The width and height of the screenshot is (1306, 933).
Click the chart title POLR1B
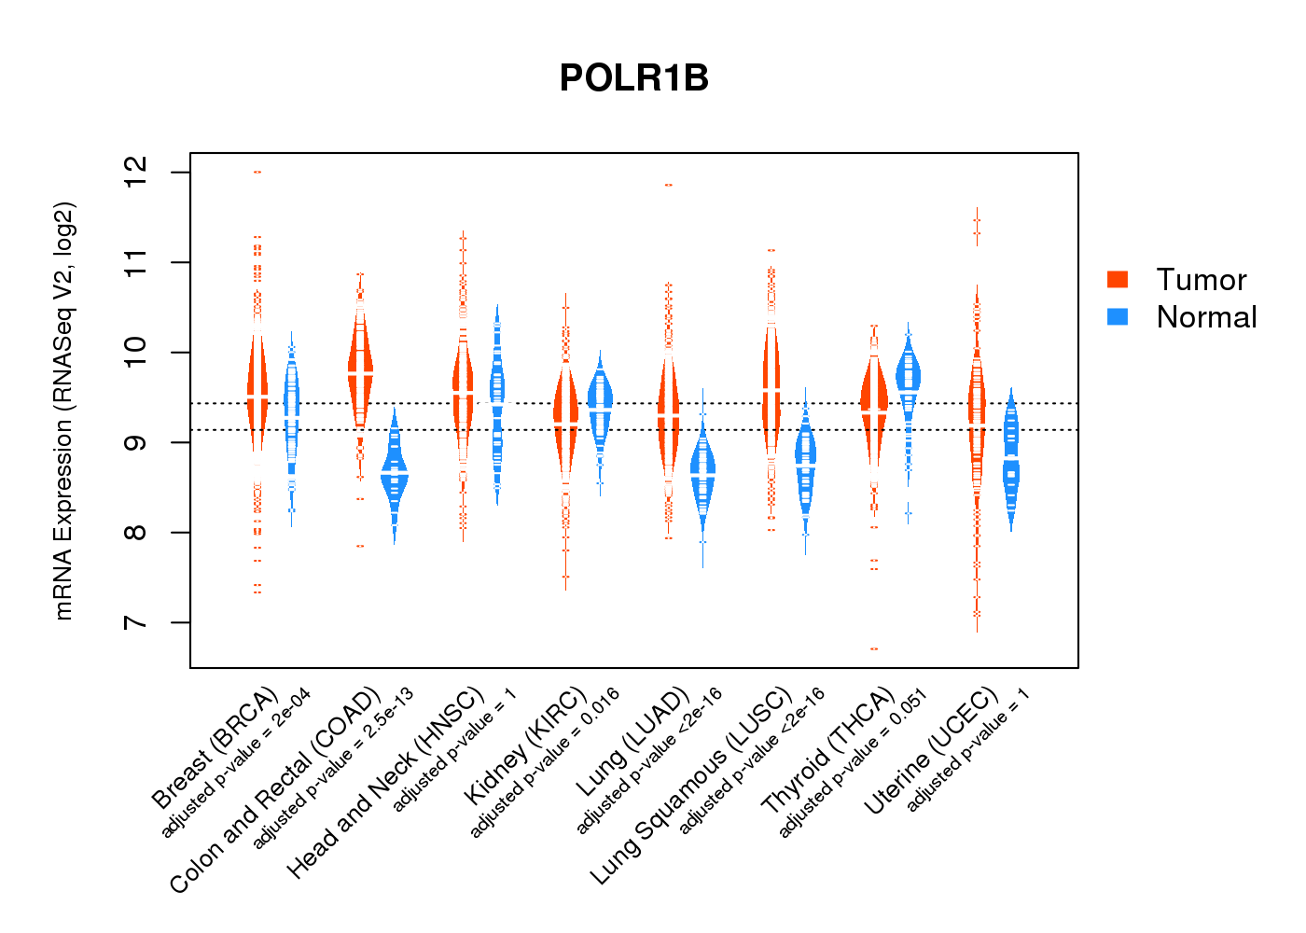[634, 78]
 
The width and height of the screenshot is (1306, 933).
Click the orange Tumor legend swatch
[1118, 279]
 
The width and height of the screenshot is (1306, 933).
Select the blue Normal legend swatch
[1118, 316]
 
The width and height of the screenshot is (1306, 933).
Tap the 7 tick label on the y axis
[136, 622]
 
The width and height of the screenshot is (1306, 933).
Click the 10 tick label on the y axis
[136, 352]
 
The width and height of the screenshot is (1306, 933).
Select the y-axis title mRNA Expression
[63, 411]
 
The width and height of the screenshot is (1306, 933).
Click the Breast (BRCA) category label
[215, 748]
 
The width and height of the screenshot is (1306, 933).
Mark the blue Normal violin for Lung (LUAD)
[702, 476]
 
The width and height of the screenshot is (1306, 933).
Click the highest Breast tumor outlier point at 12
[257, 172]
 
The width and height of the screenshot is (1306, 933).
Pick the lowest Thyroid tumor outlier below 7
[874, 648]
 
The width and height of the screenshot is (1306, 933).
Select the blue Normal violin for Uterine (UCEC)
[1011, 462]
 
